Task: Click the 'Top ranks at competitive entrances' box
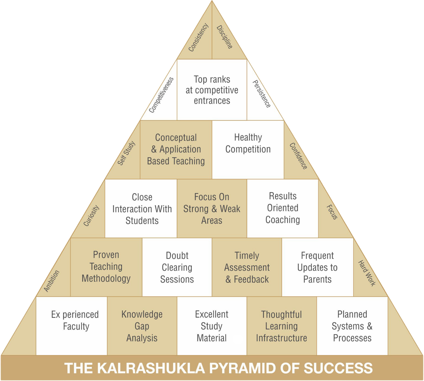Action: pyautogui.click(x=212, y=90)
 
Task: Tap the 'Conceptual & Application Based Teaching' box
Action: pyautogui.click(x=176, y=149)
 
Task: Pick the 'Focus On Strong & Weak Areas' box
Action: pyautogui.click(x=212, y=209)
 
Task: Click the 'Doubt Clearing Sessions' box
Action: pyautogui.click(x=177, y=267)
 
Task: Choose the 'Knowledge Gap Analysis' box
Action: pyautogui.click(x=142, y=326)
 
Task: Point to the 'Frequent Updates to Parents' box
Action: pyautogui.click(x=317, y=267)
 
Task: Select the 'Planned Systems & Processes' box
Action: pyautogui.click(x=352, y=326)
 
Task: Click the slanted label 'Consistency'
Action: pyautogui.click(x=198, y=37)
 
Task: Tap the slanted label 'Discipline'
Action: pyautogui.click(x=225, y=37)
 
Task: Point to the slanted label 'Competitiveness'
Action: pyautogui.click(x=161, y=95)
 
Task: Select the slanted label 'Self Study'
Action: pyautogui.click(x=126, y=153)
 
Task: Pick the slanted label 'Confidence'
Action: pyautogui.click(x=298, y=156)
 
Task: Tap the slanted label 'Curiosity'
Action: pyautogui.click(x=91, y=215)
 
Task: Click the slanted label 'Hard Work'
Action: pyautogui.click(x=367, y=273)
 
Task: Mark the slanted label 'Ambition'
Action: pyautogui.click(x=52, y=281)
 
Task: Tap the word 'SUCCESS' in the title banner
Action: pyautogui.click(x=338, y=368)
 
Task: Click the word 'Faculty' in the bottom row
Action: pyautogui.click(x=76, y=326)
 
